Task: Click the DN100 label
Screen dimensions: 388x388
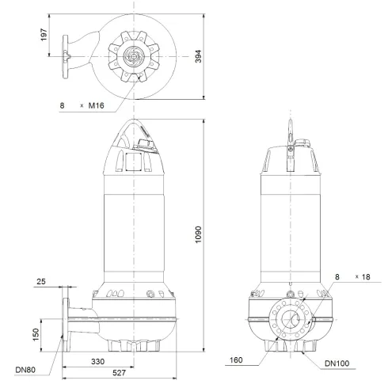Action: point(337,364)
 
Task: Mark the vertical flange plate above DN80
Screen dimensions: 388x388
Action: point(65,321)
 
